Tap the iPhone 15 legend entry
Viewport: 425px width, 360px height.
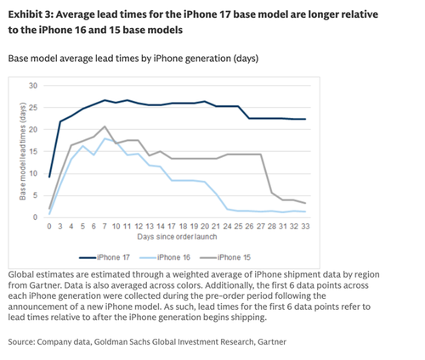pos(242,256)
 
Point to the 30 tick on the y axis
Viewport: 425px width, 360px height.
pos(33,86)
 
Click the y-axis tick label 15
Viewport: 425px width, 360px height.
pos(33,152)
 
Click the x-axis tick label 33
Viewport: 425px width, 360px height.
pos(303,228)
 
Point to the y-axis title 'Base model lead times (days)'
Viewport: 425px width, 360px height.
pos(21,152)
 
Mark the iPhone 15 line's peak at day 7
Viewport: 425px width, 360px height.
pos(105,127)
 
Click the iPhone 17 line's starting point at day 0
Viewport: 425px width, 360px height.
pos(49,177)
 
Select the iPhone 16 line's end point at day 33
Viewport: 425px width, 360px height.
pos(303,211)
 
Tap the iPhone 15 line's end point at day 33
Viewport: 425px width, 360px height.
pos(303,203)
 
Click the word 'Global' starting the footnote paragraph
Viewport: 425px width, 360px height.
pos(23,275)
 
